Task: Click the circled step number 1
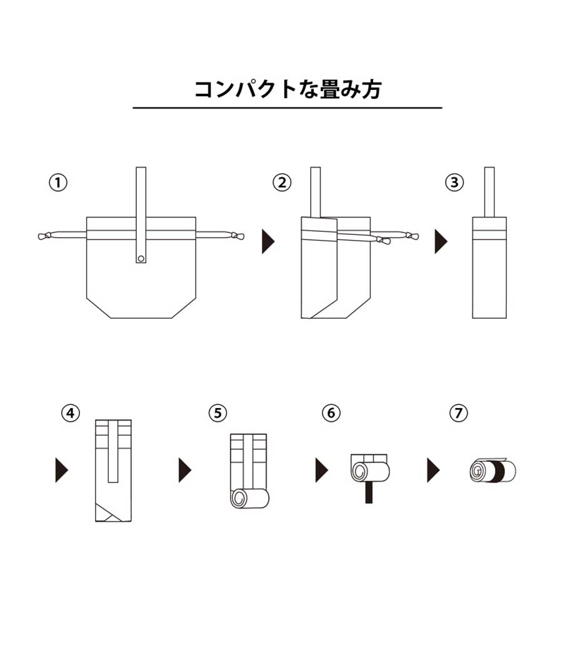(58, 182)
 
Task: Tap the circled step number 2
(282, 182)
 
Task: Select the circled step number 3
(454, 182)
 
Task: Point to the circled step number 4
(71, 413)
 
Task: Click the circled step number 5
(218, 413)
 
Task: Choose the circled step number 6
(331, 413)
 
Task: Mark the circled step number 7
(459, 413)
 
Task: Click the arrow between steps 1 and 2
(267, 241)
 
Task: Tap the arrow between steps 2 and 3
(441, 241)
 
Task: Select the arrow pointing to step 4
(61, 470)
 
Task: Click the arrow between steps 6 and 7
(433, 470)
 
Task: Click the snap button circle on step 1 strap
(141, 259)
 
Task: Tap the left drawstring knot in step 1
(45, 236)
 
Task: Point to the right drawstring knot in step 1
(237, 236)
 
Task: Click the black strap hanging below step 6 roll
(369, 492)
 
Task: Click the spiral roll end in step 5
(239, 498)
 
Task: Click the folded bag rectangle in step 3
(489, 267)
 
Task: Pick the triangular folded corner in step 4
(107, 513)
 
